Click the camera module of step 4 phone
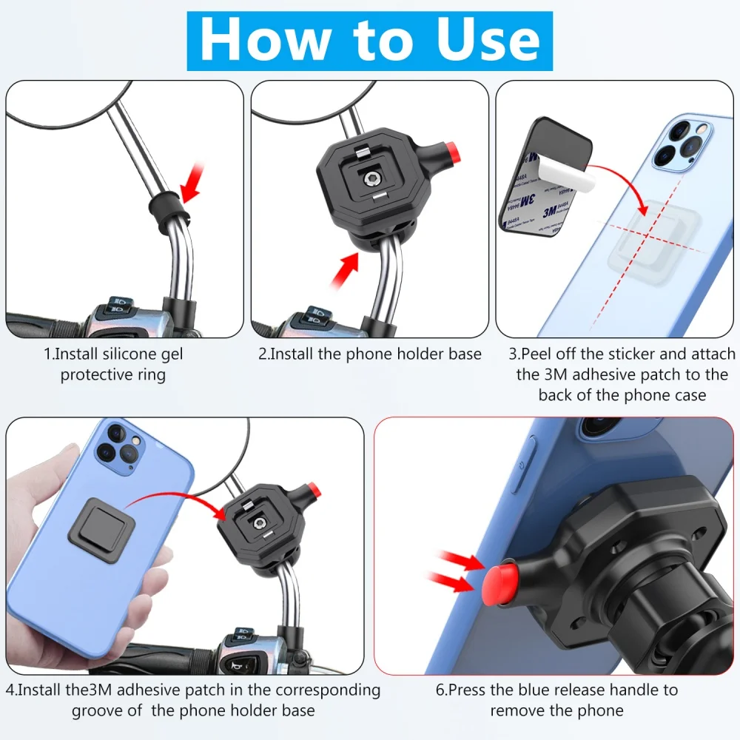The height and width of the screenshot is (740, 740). [x=122, y=450]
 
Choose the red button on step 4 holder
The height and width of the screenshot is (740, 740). [x=314, y=489]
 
